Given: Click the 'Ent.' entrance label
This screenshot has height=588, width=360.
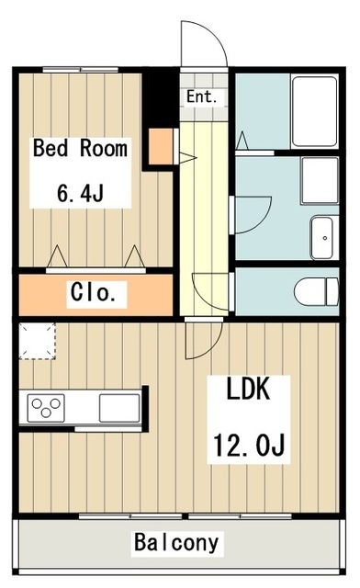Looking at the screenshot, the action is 202,96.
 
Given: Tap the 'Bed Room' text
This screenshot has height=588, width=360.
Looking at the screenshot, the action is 80,148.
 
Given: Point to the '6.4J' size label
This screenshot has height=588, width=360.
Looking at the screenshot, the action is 80,193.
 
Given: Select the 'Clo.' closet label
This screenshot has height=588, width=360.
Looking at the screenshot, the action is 93,292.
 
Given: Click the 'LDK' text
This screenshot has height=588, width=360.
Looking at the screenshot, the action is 248,389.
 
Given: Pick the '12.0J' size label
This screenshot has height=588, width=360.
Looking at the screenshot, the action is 249,445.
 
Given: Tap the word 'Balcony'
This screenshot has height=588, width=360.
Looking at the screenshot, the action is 176,542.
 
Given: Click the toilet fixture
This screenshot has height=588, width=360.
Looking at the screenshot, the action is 316,291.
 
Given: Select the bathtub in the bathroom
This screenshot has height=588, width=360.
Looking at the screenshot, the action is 314,111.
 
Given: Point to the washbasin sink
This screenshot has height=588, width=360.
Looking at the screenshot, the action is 321,237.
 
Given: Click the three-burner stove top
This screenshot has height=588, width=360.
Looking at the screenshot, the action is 46,408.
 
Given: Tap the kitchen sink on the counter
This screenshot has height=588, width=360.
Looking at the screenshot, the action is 119,408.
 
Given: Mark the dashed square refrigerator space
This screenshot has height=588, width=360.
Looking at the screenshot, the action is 37,341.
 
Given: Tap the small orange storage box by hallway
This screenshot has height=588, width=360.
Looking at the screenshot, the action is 162,146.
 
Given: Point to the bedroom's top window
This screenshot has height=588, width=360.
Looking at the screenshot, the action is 80,70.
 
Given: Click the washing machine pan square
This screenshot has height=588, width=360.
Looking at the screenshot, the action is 320,180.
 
